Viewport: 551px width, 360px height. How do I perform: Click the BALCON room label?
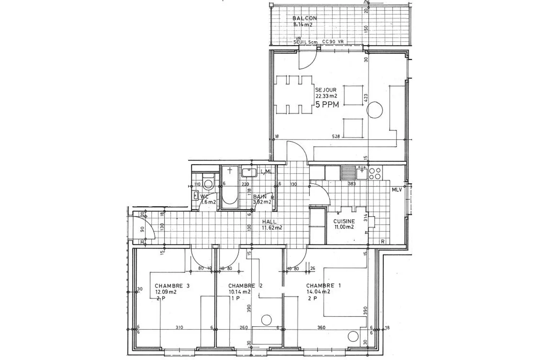304,18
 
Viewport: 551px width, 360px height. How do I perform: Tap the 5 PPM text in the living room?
327,105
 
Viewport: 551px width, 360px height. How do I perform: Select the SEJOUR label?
326,90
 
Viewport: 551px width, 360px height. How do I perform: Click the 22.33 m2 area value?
326,96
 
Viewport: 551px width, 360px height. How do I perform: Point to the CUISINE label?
344,221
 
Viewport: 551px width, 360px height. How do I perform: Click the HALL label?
269,222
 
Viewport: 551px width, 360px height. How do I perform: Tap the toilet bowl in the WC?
208,183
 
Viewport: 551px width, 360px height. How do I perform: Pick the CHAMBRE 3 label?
172,286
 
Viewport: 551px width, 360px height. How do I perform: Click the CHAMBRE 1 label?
323,286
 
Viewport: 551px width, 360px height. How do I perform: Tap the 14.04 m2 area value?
318,292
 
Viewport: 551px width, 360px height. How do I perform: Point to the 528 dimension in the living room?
336,137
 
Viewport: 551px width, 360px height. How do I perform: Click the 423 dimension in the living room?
366,98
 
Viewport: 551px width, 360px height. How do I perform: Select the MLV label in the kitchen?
396,190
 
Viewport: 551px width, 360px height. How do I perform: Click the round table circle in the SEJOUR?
375,111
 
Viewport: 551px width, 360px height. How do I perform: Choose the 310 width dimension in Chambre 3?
179,327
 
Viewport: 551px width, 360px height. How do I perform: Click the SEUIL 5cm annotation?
305,42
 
